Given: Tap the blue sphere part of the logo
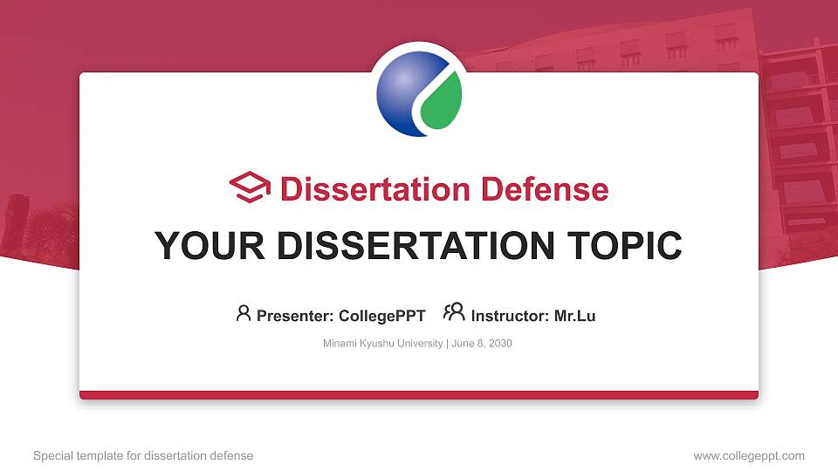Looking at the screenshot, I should point(402,92).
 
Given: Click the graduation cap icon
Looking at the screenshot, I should point(251,188).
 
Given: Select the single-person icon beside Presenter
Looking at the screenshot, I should point(244,313).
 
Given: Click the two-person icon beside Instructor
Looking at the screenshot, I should point(454,312).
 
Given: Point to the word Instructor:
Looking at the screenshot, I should point(511,316).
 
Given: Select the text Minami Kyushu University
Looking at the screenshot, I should point(382,344).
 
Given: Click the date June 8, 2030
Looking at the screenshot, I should point(482,344).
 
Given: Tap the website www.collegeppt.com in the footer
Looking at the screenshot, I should point(749,455).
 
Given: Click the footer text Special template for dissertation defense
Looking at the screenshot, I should point(143,455).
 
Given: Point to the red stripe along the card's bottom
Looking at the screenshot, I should point(419,395).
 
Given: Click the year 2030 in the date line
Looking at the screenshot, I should point(499,344).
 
